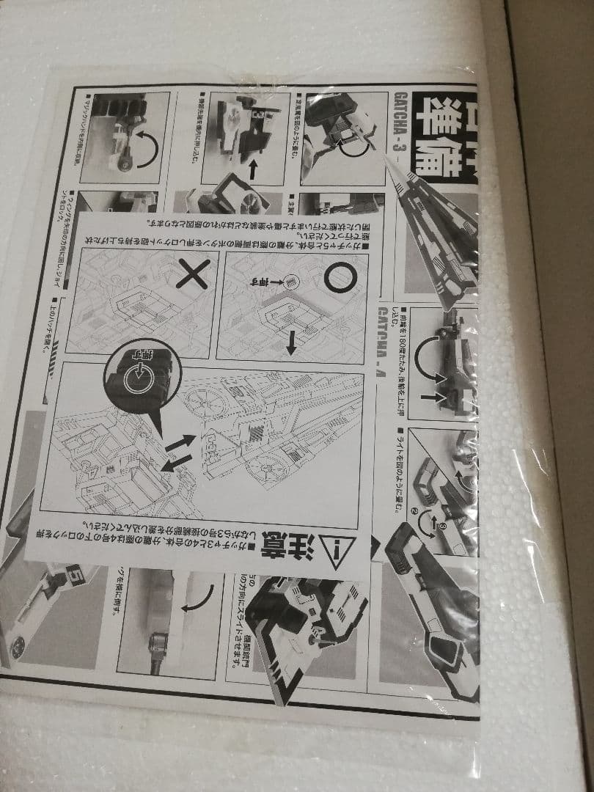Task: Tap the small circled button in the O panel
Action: point(290,280)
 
